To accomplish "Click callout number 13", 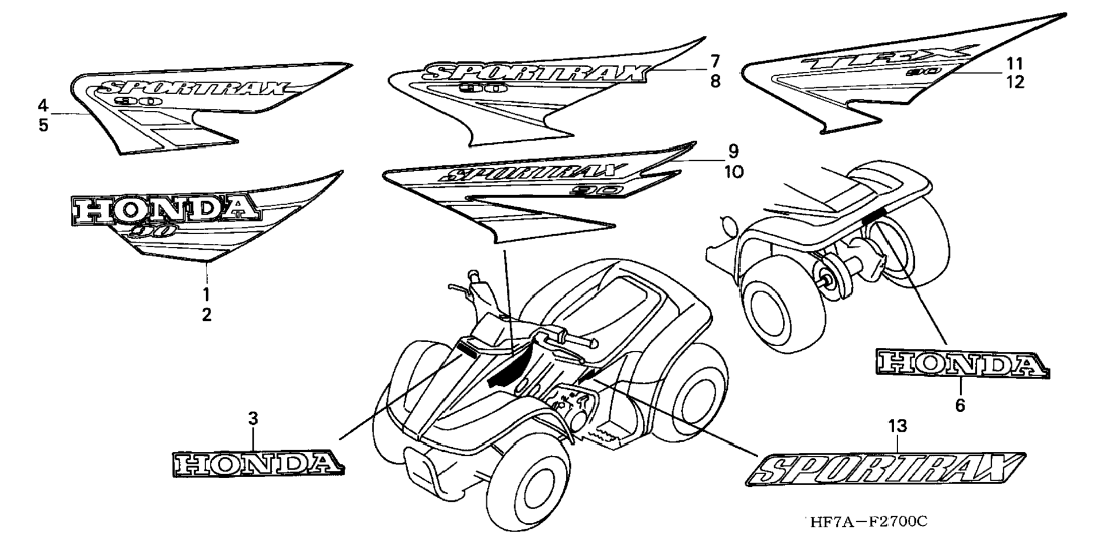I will coord(897,426).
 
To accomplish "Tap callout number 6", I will coord(960,405).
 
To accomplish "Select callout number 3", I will coord(253,419).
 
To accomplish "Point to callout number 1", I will coord(206,295).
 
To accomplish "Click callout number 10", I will coord(733,172).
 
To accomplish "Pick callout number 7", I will coord(715,61).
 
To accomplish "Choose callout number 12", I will coord(1015,82).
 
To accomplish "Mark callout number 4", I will coord(43,105).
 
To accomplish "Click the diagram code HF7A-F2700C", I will coord(868,521).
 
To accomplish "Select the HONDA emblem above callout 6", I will coord(962,364).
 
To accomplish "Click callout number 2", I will coord(206,315).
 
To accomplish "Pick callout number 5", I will coord(44,125).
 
